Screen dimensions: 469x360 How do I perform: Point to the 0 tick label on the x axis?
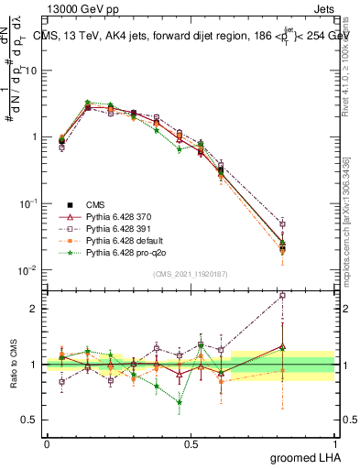[x=46, y=442]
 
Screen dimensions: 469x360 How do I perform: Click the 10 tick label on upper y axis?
[x=29, y=71]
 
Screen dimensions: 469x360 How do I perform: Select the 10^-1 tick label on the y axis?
[x=27, y=203]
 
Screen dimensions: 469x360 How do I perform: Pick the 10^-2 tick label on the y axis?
[x=27, y=269]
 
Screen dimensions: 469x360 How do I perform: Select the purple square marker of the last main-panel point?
[x=308, y=224]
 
